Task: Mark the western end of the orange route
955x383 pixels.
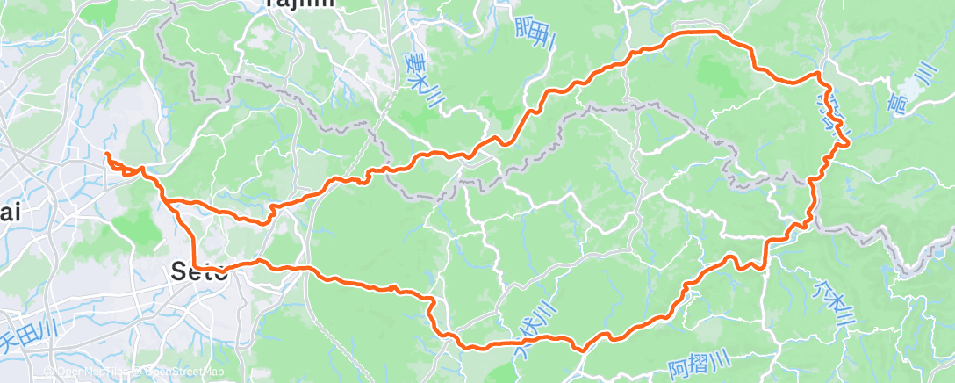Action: click(x=107, y=155)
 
